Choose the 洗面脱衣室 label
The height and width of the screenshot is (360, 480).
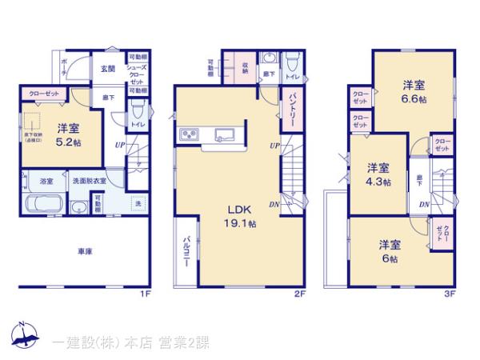pyautogui.click(x=91, y=181)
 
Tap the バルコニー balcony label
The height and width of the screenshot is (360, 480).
pyautogui.click(x=186, y=254)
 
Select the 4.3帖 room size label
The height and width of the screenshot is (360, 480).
pyautogui.click(x=379, y=182)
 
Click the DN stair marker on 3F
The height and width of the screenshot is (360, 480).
pyautogui.click(x=426, y=204)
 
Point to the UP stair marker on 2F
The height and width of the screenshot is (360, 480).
pyautogui.click(x=274, y=146)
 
